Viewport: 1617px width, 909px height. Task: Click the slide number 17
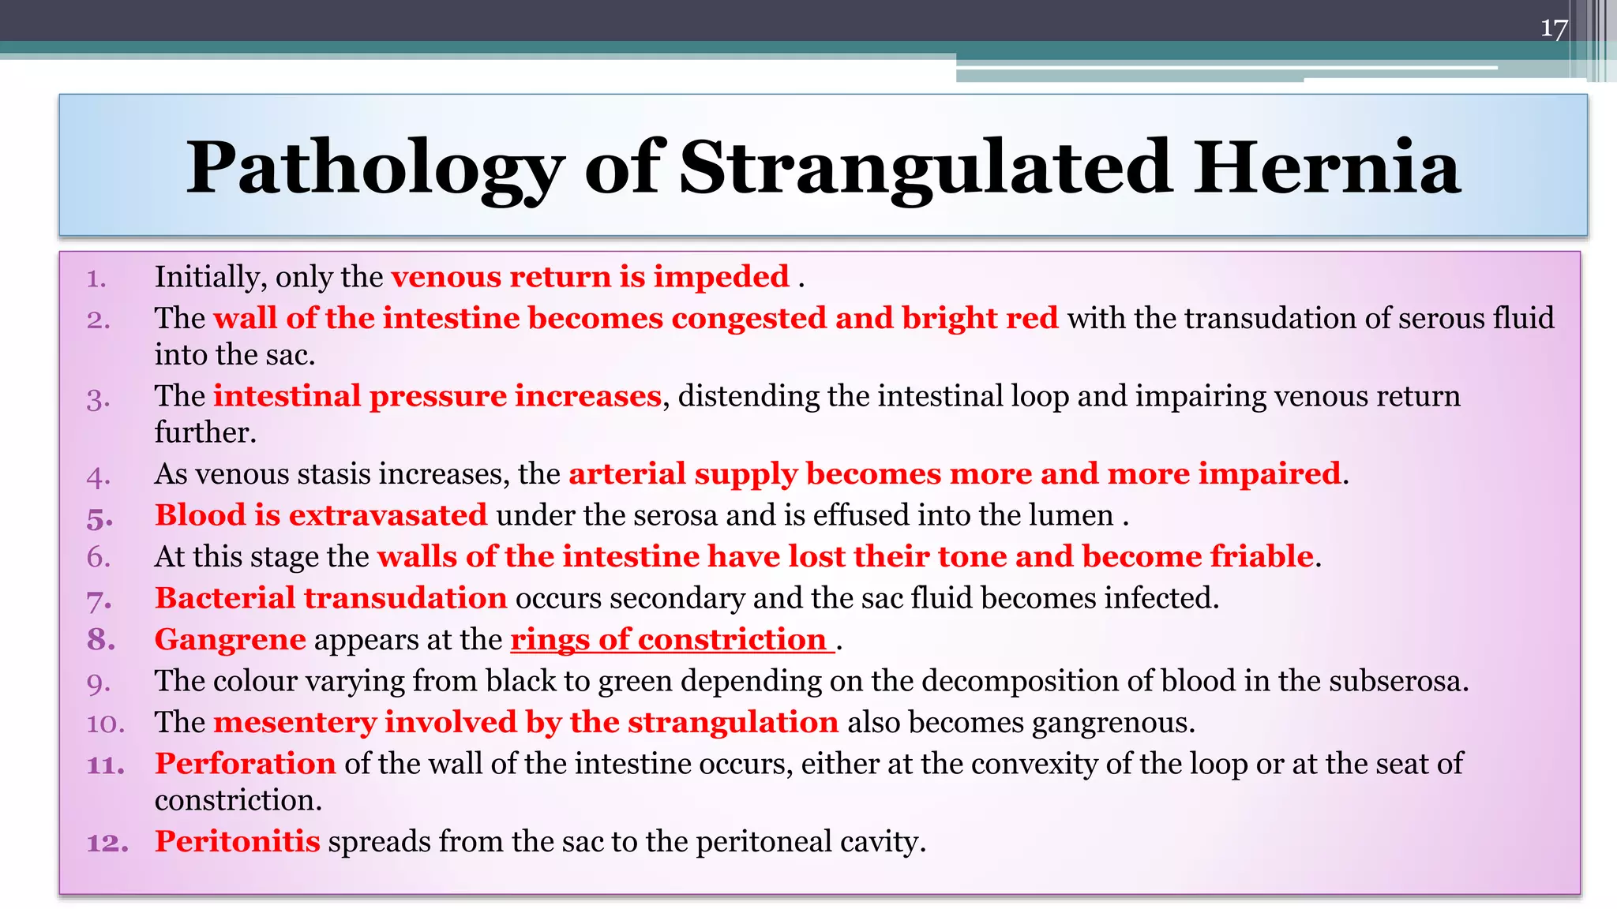coord(1553,30)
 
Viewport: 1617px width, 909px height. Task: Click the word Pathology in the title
coord(374,168)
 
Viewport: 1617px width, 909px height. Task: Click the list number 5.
coord(99,518)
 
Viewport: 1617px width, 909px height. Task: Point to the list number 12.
coord(107,843)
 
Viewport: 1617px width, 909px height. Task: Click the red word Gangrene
coord(230,639)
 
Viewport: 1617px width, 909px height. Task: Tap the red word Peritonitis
coord(237,841)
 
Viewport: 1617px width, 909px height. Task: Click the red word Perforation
coord(246,764)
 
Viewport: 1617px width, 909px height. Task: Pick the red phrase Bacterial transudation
coord(330,598)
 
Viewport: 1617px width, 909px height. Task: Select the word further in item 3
coord(204,432)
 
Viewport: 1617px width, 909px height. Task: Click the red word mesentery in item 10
coord(294,723)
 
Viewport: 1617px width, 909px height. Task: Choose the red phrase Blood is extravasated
coord(321,515)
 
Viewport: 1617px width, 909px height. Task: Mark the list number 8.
coord(100,640)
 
